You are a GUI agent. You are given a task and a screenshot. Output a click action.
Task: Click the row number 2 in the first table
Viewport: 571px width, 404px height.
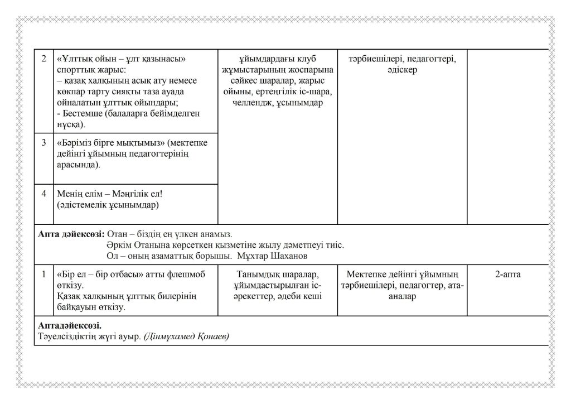coord(43,59)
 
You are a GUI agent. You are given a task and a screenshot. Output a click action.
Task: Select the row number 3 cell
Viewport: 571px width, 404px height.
coord(43,143)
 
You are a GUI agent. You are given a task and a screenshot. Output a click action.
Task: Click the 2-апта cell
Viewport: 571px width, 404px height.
coord(507,275)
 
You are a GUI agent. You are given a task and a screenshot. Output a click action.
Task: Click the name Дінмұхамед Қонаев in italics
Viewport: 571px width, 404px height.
coord(186,336)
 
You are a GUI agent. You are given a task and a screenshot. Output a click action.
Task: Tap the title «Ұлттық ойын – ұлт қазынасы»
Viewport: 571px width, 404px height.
coord(121,59)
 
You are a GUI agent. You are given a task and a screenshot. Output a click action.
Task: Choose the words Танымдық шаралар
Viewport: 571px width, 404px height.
coord(277,275)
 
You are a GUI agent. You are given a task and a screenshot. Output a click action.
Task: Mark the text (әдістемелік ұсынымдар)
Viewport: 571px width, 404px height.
coord(108,205)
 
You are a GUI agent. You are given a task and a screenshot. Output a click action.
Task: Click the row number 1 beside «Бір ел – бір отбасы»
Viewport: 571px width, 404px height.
coord(43,275)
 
